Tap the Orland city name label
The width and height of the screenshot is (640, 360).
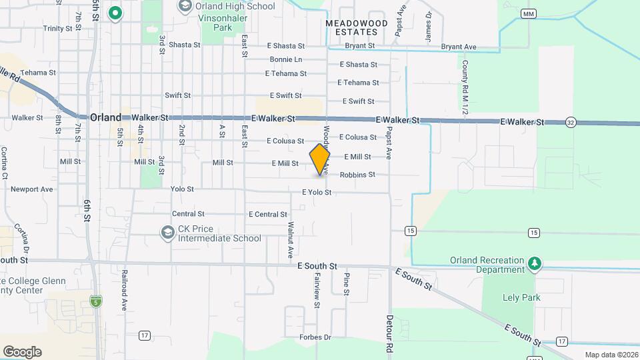tap(105, 117)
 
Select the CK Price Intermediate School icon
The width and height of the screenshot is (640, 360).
tap(167, 233)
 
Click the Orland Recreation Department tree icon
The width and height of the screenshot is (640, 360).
tap(534, 263)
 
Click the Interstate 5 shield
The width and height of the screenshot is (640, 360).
tap(96, 301)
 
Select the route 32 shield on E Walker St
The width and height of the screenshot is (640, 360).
tap(571, 123)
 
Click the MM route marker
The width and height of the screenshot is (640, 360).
tap(529, 13)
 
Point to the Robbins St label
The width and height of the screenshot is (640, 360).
tap(357, 175)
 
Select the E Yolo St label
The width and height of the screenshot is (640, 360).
tap(317, 192)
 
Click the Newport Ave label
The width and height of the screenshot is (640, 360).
tap(31, 189)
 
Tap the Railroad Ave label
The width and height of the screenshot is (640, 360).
tap(124, 290)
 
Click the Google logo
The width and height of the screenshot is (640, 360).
tap(22, 351)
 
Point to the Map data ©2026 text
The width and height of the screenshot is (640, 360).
tap(611, 355)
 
